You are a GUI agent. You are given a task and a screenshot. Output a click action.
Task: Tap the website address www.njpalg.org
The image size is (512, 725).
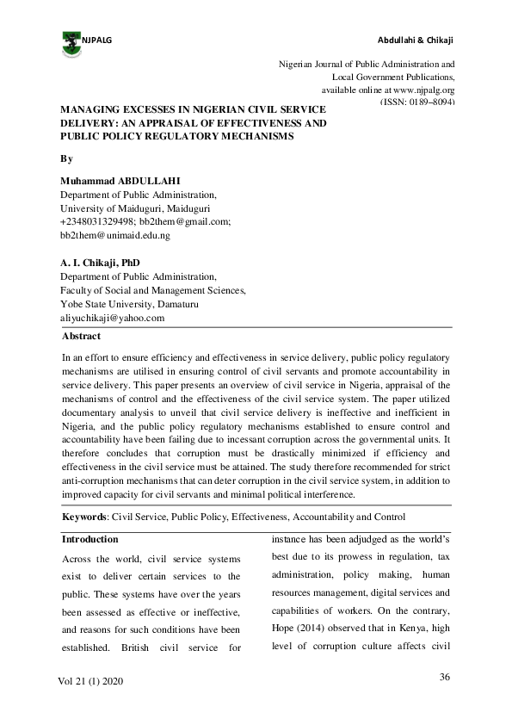tap(423, 90)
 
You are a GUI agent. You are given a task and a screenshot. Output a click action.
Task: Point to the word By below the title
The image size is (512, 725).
tap(65, 159)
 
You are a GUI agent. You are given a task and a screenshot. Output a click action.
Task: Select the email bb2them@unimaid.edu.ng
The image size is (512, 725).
tap(114, 234)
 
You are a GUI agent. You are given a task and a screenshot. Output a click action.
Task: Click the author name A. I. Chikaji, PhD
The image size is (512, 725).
tap(100, 263)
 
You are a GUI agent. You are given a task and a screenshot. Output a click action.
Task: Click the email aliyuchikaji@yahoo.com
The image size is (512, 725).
tap(112, 318)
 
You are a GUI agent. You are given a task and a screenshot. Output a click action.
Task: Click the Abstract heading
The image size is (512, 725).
tap(81, 337)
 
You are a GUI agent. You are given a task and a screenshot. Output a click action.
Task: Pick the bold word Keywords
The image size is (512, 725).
tap(84, 517)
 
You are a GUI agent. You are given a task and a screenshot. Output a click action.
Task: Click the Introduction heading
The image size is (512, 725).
tap(90, 540)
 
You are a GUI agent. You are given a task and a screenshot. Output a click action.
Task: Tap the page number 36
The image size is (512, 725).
tap(445, 678)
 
